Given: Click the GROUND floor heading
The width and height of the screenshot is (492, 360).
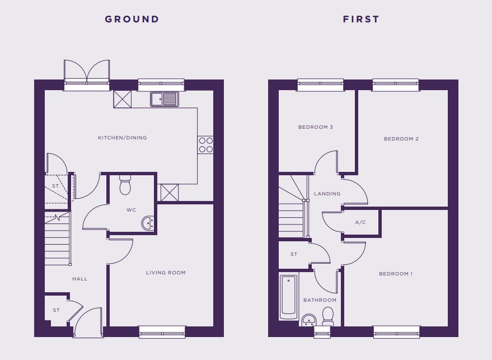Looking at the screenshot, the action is pyautogui.click(x=132, y=19).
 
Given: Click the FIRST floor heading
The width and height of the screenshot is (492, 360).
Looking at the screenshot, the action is pyautogui.click(x=361, y=19).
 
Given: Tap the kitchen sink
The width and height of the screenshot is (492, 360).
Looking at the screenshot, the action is pyautogui.click(x=164, y=99).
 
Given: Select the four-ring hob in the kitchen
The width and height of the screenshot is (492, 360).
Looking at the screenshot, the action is pyautogui.click(x=205, y=144).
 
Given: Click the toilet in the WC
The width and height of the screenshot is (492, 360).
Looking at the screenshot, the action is pyautogui.click(x=125, y=185).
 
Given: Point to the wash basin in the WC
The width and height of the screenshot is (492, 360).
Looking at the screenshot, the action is pyautogui.click(x=147, y=223).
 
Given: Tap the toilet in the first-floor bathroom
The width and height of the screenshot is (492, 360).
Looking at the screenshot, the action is pyautogui.click(x=328, y=316).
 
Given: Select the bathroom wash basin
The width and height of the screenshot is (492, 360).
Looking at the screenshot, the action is pyautogui.click(x=309, y=320).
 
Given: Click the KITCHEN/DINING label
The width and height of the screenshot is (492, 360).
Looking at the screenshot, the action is pyautogui.click(x=123, y=138).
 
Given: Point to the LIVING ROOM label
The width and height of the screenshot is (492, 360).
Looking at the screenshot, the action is pyautogui.click(x=166, y=273).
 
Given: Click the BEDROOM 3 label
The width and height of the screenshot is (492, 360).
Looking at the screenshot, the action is pyautogui.click(x=315, y=127).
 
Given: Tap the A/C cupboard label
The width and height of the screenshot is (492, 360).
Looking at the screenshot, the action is pyautogui.click(x=360, y=222).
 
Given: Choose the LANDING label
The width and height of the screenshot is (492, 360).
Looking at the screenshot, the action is pyautogui.click(x=327, y=194).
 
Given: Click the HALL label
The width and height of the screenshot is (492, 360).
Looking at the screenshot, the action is pyautogui.click(x=80, y=279).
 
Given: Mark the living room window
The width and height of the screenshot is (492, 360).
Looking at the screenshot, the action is pyautogui.click(x=162, y=332).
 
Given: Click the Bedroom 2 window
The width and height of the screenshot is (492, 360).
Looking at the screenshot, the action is pyautogui.click(x=395, y=85).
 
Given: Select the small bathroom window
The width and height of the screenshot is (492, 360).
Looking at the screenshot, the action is pyautogui.click(x=322, y=332).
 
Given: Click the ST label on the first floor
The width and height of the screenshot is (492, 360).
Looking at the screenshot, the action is pyautogui.click(x=294, y=254).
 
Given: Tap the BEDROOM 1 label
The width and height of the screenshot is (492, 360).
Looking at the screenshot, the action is pyautogui.click(x=396, y=274).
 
